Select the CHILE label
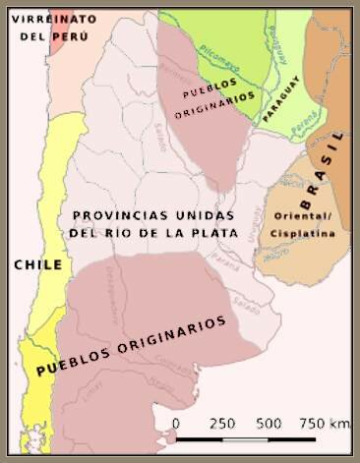(38, 265)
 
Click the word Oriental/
(303, 217)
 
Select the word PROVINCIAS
(120, 215)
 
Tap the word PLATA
(210, 233)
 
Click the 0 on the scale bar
(175, 424)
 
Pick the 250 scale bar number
(221, 424)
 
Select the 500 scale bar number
(269, 424)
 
